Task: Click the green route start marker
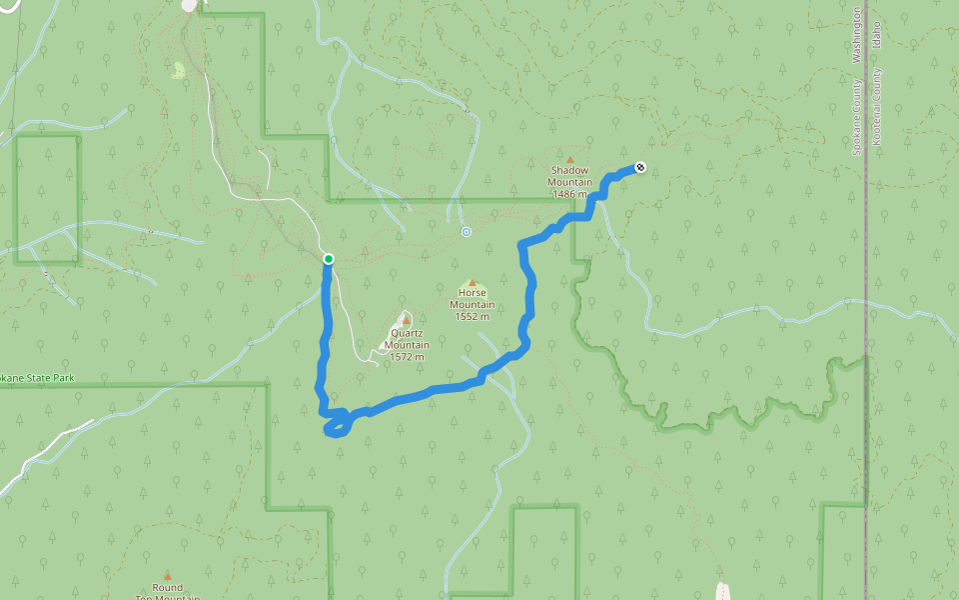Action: point(328,259)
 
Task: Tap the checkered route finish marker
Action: point(639,167)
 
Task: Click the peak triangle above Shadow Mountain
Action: point(570,159)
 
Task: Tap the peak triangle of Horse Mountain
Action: point(472,282)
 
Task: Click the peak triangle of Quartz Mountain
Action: point(407,320)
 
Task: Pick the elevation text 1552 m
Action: point(472,317)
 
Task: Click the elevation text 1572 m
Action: point(407,357)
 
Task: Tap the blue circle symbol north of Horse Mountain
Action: point(466,232)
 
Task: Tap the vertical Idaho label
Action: point(877,38)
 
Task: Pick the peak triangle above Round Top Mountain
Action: point(167,575)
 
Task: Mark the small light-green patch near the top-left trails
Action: point(179,70)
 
